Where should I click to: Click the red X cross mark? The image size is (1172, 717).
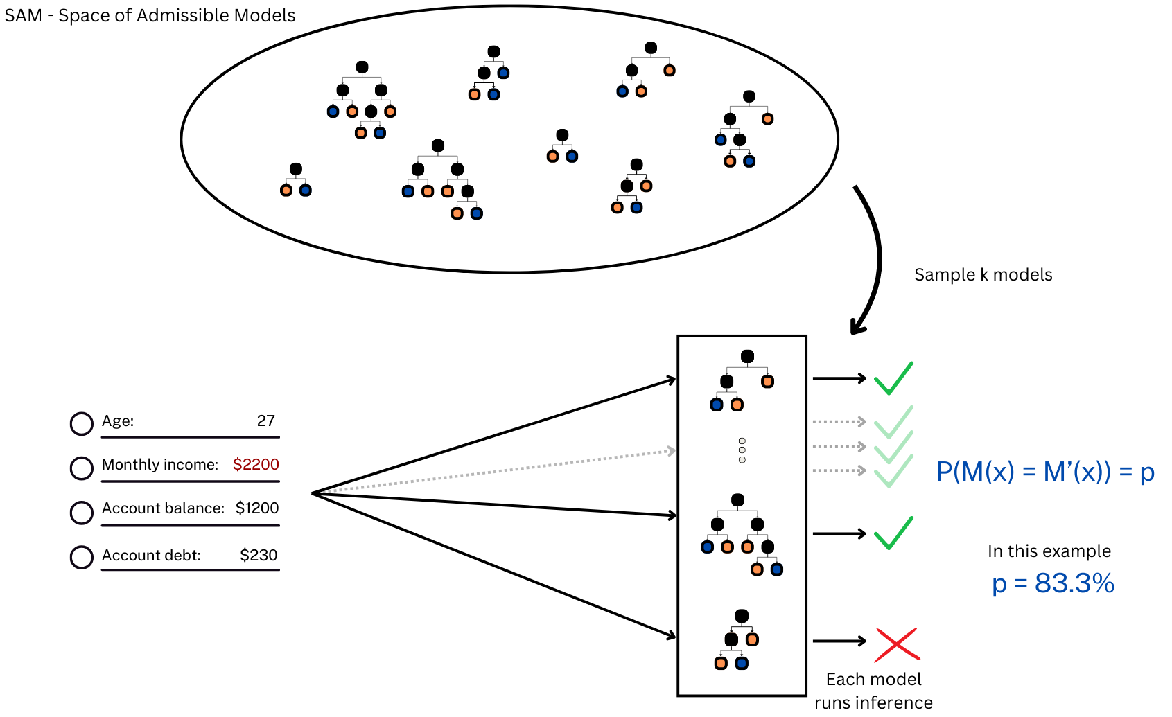(x=897, y=644)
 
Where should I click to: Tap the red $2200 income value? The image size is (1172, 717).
(x=256, y=464)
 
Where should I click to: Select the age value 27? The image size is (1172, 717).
(x=265, y=421)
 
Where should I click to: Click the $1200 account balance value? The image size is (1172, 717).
(x=257, y=508)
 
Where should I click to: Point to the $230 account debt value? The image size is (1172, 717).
(x=259, y=555)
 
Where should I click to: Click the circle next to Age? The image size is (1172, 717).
(x=82, y=423)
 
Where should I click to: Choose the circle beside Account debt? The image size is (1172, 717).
(x=82, y=557)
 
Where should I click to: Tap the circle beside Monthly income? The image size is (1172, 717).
(x=82, y=468)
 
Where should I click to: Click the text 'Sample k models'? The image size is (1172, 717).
(x=983, y=274)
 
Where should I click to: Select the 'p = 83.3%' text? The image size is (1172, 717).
(x=1053, y=583)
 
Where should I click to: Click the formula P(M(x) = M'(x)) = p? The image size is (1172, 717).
(x=1045, y=472)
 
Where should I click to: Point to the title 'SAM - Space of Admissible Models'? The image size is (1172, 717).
(x=150, y=16)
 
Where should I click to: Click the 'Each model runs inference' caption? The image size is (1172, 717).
(x=873, y=690)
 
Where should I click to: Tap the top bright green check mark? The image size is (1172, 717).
(x=893, y=378)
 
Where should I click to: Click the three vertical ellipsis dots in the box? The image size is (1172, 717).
(x=742, y=450)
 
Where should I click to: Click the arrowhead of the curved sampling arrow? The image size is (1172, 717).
(x=857, y=327)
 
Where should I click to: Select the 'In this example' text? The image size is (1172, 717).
(x=1049, y=551)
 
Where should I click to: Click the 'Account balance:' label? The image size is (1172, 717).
(x=163, y=508)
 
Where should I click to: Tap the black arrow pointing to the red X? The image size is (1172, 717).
(x=840, y=641)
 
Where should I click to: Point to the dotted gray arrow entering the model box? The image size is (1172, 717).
(x=493, y=472)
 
